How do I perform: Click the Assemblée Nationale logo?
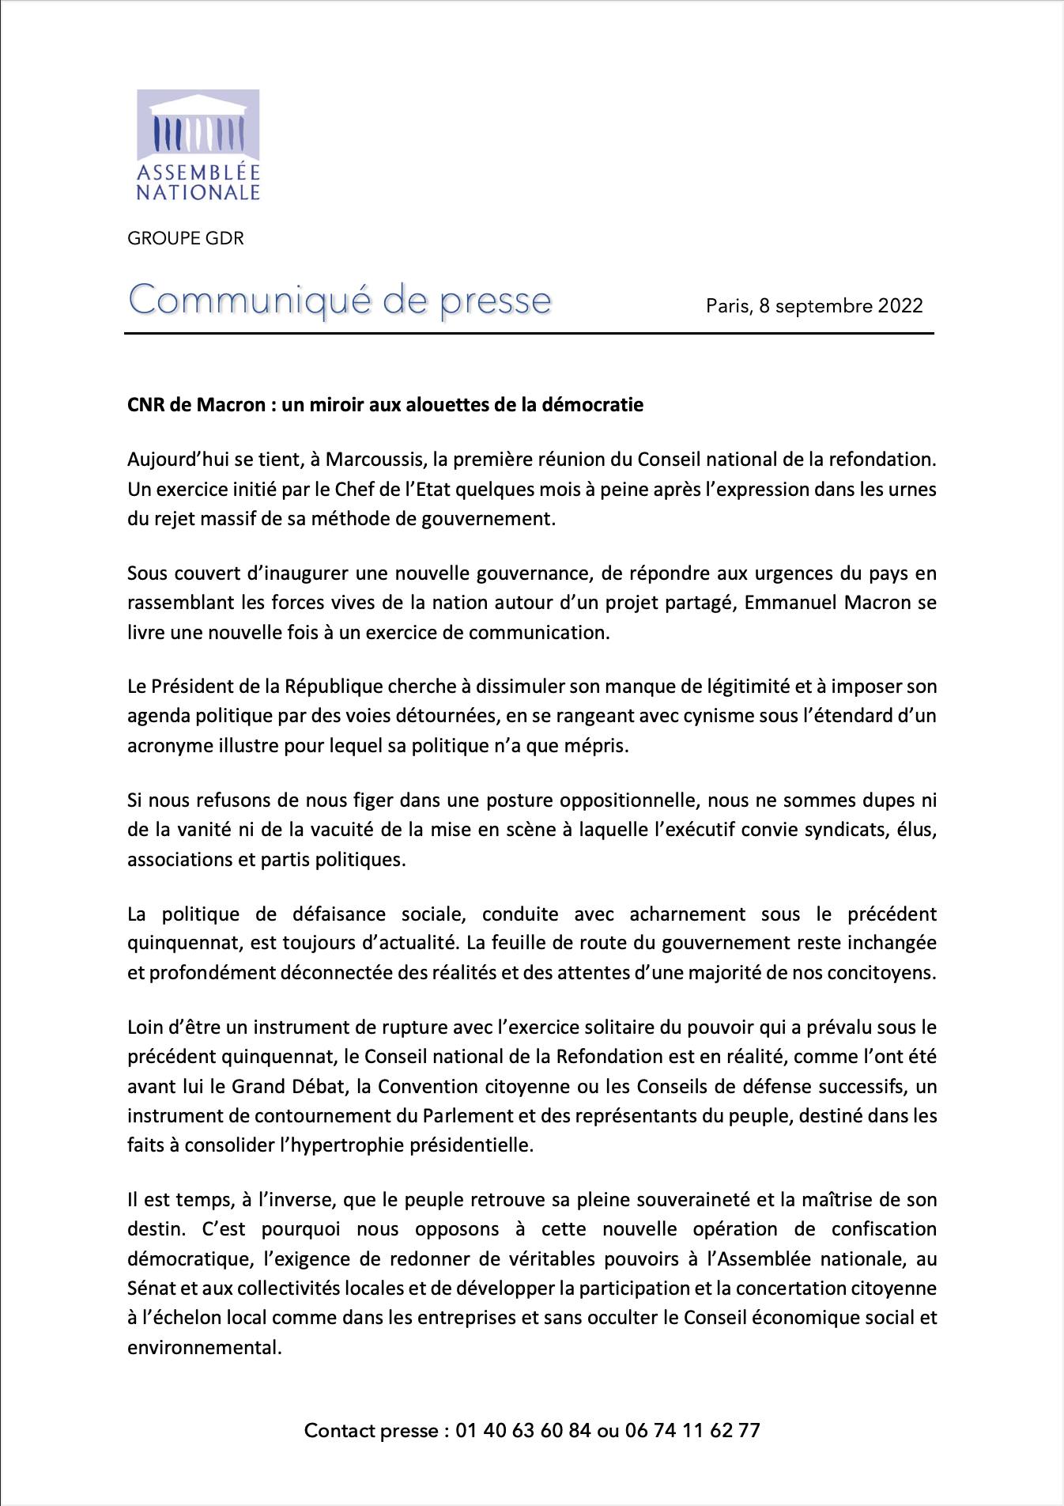[x=198, y=146]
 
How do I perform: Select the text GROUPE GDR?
[x=186, y=238]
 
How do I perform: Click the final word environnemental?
[x=205, y=1346]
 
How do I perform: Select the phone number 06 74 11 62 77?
[x=692, y=1430]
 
